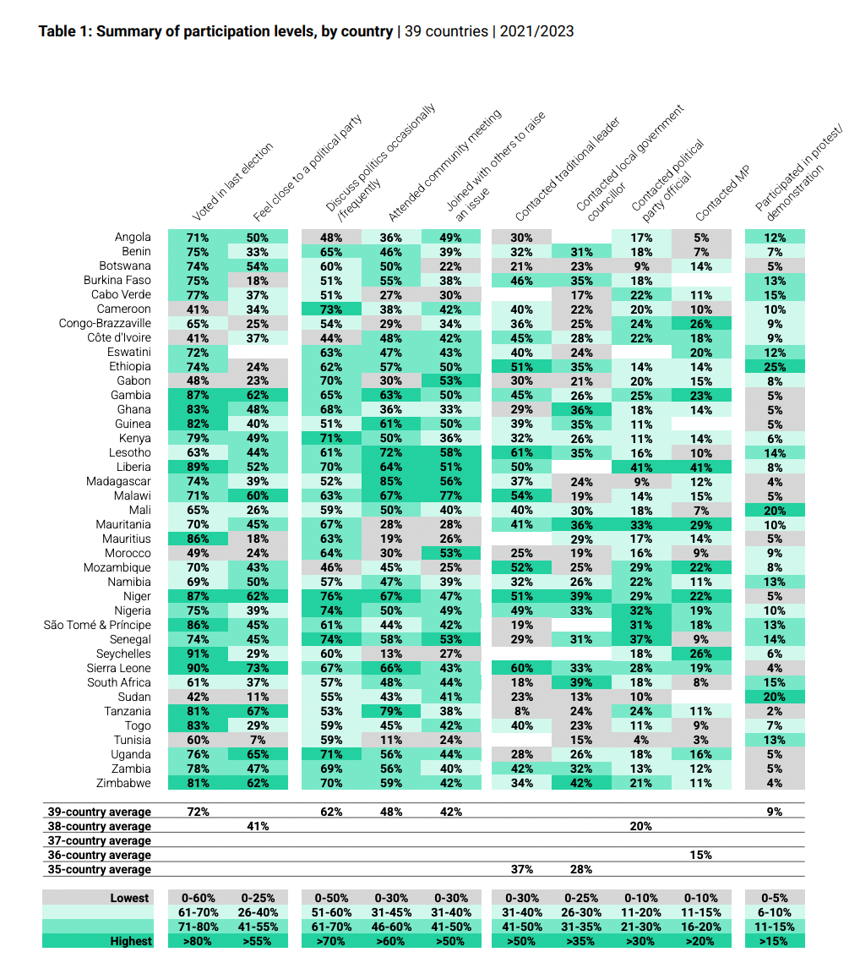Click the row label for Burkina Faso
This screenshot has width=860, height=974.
(117, 280)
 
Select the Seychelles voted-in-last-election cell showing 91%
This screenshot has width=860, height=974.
(198, 654)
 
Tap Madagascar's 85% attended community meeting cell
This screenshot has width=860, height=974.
(391, 481)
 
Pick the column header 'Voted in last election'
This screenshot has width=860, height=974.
(232, 182)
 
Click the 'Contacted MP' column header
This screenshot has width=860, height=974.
(722, 193)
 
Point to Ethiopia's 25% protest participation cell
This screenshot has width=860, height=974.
(775, 366)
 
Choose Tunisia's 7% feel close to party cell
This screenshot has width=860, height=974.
(258, 740)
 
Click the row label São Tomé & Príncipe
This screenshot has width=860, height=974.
(97, 625)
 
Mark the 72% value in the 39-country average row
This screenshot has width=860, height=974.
(198, 812)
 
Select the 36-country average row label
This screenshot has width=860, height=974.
(100, 855)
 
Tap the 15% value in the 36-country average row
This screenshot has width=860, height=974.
(700, 855)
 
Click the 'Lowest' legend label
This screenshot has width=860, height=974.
(130, 898)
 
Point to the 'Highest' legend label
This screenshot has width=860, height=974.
(131, 941)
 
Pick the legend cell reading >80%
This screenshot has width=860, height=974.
(198, 941)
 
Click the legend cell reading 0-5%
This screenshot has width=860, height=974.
(775, 898)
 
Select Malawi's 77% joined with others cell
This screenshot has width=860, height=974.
(450, 495)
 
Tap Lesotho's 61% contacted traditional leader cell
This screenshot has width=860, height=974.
(521, 453)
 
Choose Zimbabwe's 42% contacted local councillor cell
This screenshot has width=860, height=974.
(581, 783)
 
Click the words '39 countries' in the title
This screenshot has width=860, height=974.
(446, 31)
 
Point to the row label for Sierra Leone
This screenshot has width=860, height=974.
(118, 668)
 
